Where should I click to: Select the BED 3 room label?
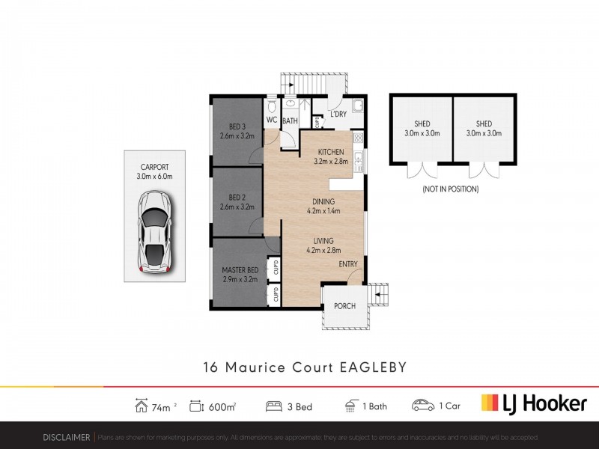point(237,126)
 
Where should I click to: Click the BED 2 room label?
point(237,197)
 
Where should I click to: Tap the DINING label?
point(323,201)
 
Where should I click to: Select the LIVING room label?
point(323,240)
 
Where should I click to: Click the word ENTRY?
point(348,264)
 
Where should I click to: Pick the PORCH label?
point(344,306)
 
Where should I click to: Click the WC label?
point(272,120)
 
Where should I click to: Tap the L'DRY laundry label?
point(338,114)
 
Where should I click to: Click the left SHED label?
point(421,123)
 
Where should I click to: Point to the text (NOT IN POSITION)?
point(451,189)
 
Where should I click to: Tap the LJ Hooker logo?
point(533,404)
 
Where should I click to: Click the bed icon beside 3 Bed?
point(274,406)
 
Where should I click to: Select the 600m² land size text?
point(224,406)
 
